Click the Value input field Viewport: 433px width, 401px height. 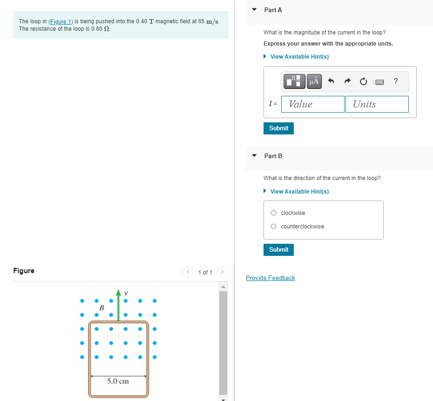coord(313,104)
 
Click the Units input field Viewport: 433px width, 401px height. coord(377,104)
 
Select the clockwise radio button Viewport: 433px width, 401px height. coord(273,213)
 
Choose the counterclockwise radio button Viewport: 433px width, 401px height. coord(273,227)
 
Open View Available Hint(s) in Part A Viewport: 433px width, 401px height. coord(299,57)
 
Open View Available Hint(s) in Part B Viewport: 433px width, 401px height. coord(299,192)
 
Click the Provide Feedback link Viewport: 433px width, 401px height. coord(271,278)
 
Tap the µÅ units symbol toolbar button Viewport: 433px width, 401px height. coord(314,82)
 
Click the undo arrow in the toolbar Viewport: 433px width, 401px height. coord(332,82)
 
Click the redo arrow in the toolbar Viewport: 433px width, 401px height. coord(347,82)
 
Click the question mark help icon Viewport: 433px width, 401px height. coord(396,82)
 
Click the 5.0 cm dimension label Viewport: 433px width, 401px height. coord(118,381)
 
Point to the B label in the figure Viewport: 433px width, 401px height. coord(101,307)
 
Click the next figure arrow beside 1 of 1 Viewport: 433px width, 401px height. coord(222,272)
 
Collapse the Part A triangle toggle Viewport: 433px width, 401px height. coord(254,10)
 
